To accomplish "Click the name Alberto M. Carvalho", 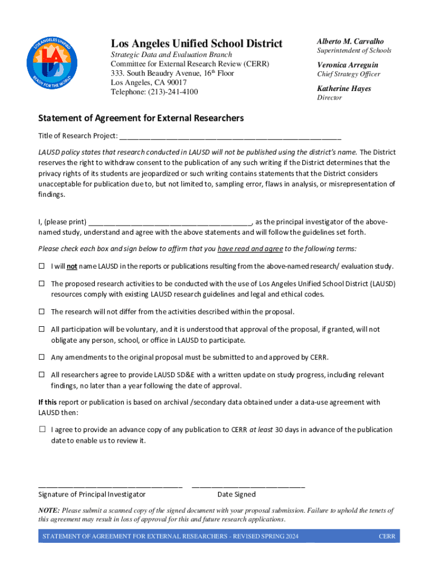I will click(350, 41).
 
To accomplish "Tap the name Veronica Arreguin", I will click(347, 65).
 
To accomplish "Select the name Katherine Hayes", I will click(344, 89).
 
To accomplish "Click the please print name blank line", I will click(169, 221).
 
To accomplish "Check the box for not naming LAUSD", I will click(42, 266).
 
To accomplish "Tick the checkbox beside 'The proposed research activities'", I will click(42, 283).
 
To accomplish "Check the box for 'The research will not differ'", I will click(42, 312).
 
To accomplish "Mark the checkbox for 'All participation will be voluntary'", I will click(42, 329).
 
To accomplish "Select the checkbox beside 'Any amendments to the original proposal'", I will click(42, 357).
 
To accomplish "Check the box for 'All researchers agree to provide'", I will click(42, 375).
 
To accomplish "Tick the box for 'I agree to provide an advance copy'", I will click(42, 430).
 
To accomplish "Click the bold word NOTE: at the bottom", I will click(49, 511).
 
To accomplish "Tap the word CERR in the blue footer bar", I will click(387, 537).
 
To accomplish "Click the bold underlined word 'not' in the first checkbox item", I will click(72, 266).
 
